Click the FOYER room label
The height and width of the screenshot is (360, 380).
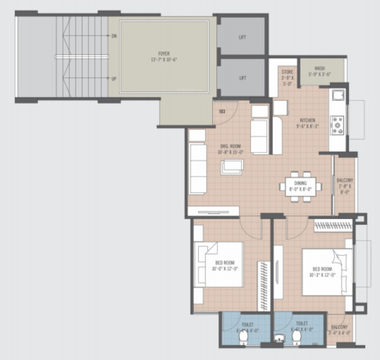point(163,56)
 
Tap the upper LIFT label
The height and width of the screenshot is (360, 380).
point(242,37)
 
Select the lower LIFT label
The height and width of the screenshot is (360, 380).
point(242,78)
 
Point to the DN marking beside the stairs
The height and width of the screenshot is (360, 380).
point(114,36)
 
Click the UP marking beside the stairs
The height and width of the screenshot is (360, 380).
point(114,79)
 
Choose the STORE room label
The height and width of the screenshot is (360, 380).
point(287,77)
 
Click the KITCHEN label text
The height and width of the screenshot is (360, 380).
point(308,122)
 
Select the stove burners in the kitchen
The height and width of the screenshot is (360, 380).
point(338,124)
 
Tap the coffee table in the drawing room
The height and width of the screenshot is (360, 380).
point(232,166)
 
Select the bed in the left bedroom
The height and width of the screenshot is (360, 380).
point(219,264)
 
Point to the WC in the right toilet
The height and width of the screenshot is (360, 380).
point(296,338)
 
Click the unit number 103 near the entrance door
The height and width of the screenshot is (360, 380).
point(222,111)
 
